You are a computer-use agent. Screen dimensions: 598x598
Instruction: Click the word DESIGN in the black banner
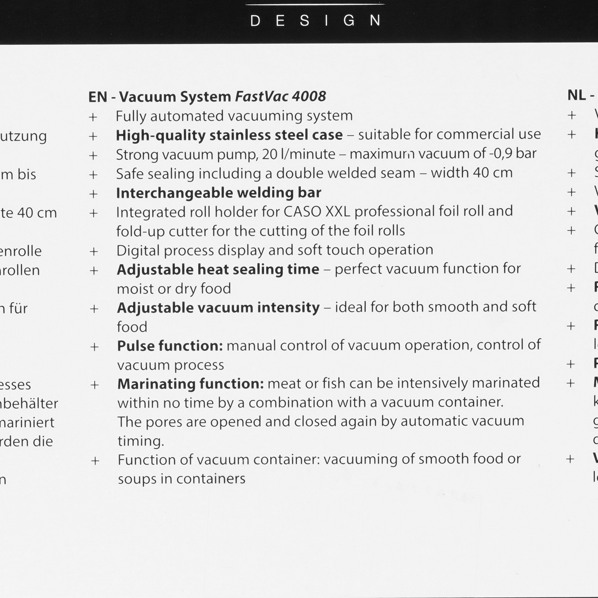point(315,21)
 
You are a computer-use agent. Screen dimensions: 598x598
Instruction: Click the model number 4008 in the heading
point(309,97)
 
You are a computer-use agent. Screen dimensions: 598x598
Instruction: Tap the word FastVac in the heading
point(262,97)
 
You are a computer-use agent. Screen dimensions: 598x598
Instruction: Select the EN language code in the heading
point(97,97)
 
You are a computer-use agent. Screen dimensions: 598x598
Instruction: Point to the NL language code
point(576,95)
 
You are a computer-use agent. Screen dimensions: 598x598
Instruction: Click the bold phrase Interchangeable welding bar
point(219,193)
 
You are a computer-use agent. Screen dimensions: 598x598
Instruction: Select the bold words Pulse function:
point(170,346)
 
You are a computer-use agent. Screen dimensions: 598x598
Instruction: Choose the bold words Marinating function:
point(190,384)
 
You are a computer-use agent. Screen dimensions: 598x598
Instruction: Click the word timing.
point(141,441)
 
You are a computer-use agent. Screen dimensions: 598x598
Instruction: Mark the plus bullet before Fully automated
point(93,117)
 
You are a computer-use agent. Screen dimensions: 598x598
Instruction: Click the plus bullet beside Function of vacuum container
point(95,461)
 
